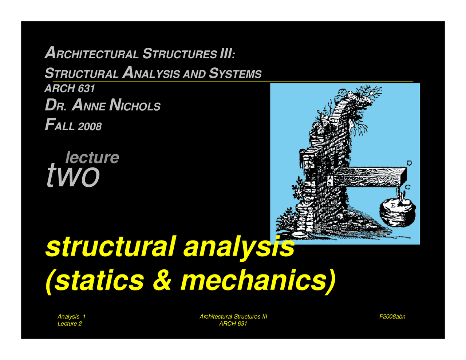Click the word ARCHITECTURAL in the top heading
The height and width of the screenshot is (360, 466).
tap(91, 54)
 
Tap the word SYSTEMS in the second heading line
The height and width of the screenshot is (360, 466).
tap(235, 74)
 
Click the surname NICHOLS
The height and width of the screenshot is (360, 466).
tap(135, 106)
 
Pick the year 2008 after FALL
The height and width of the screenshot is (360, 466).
tap(89, 127)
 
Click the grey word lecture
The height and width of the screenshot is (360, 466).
tap(92, 157)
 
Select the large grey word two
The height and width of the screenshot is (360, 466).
tap(73, 176)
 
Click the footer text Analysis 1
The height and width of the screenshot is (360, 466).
tap(71, 317)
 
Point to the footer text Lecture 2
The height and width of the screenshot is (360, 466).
tap(70, 324)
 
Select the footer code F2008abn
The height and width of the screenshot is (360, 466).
tap(392, 317)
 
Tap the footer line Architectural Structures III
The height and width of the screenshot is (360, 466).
tap(233, 317)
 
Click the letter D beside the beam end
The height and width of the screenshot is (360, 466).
tap(409, 163)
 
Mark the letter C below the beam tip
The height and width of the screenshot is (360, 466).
tap(408, 187)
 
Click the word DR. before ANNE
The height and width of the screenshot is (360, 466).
tap(56, 106)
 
